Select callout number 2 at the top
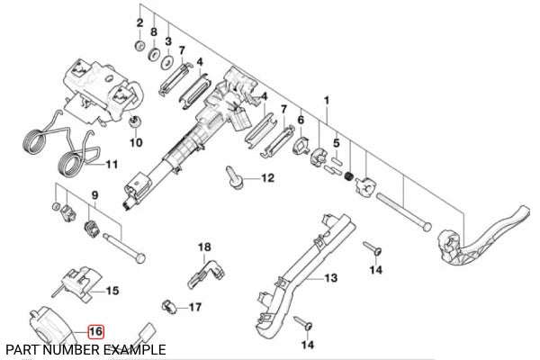click(139, 22)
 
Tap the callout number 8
click(154, 33)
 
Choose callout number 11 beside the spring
click(111, 165)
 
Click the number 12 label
click(266, 179)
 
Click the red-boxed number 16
click(95, 331)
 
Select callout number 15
click(112, 290)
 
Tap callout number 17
click(194, 308)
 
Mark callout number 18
click(203, 247)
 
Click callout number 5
click(335, 142)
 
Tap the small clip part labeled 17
click(168, 307)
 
